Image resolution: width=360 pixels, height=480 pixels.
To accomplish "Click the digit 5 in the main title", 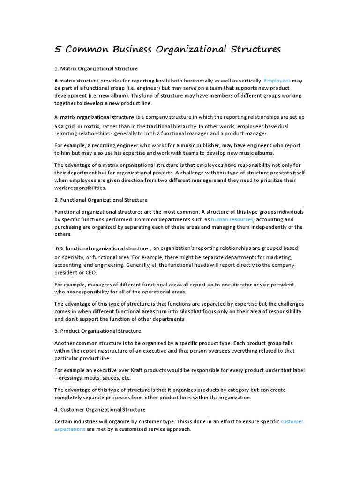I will click(58, 49).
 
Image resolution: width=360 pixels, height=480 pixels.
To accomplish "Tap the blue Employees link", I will click(277, 81).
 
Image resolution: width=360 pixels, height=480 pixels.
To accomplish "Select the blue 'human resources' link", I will click(232, 219).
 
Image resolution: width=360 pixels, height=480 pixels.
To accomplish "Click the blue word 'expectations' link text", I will click(70, 429).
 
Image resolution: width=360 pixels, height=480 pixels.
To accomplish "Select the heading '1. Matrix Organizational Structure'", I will click(96, 69).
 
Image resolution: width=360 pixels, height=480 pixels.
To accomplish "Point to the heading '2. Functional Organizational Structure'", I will click(101, 200).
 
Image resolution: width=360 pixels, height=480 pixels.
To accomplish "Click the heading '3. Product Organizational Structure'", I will click(97, 331).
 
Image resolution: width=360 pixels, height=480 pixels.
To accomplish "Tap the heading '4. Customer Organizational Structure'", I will click(100, 410).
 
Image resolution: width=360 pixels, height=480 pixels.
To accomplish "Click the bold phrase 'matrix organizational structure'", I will click(97, 117).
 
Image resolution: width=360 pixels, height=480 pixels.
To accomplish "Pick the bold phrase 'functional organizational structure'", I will click(107, 248).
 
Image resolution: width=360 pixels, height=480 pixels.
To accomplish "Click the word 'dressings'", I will click(74, 378).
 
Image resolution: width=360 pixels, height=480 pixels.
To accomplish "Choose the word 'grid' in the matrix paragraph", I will click(69, 126).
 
